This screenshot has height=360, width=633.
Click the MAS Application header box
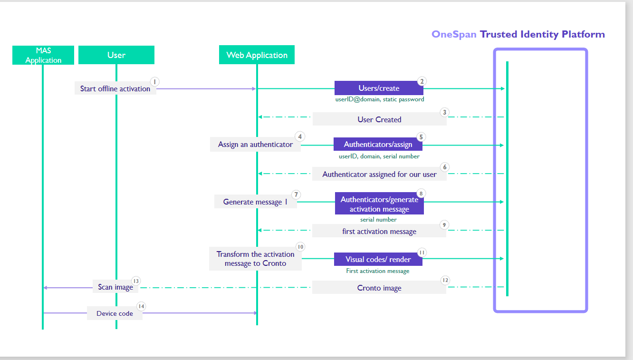43,55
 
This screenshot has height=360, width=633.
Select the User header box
116,55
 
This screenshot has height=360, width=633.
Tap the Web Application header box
257,55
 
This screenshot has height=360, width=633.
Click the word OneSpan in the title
453,34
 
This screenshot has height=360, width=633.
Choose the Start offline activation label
115,88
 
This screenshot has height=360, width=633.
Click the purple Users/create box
378,88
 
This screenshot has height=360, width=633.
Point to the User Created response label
379,119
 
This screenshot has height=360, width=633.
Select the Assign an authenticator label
255,145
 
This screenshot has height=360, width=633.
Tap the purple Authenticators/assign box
378,144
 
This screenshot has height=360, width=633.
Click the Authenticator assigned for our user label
379,174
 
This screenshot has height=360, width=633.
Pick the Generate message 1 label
255,202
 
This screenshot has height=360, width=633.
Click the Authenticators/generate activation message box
379,204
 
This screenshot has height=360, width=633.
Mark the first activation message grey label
379,231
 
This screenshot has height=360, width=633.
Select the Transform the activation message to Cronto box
255,259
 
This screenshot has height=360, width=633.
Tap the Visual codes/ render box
378,259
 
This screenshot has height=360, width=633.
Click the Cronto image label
379,288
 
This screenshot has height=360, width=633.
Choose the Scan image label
115,287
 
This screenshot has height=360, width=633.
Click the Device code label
115,313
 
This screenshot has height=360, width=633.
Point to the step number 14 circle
141,307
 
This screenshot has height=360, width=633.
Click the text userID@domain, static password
379,99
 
